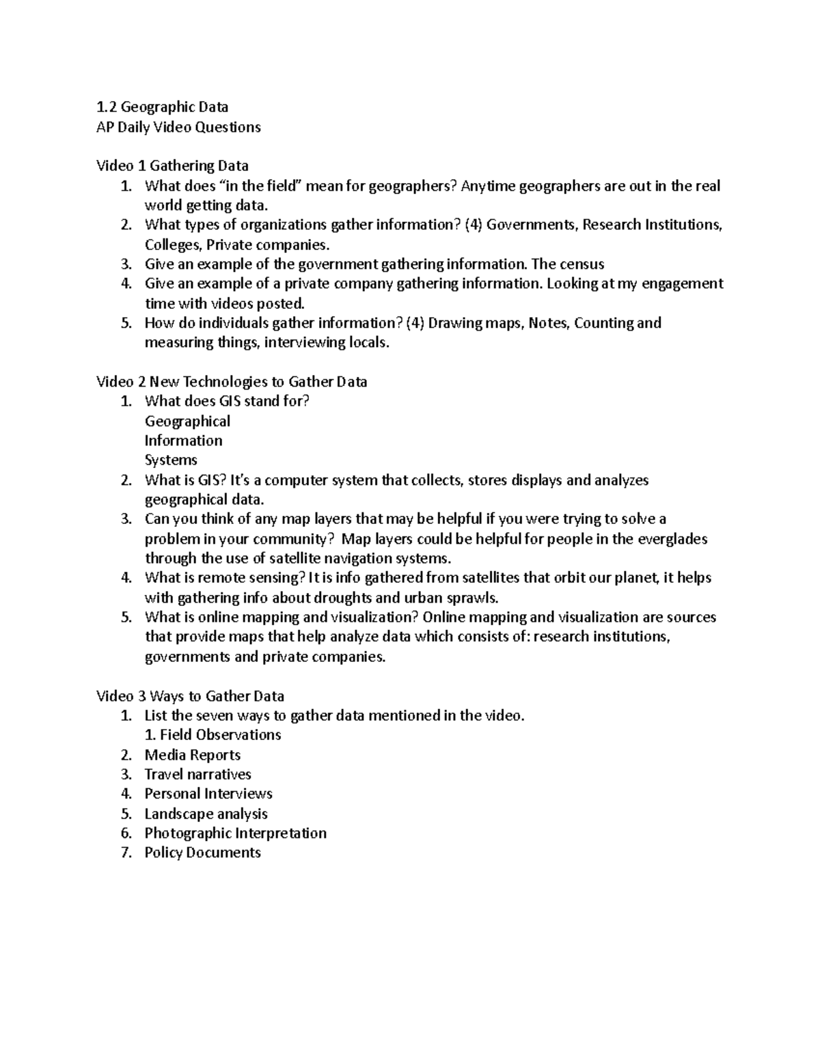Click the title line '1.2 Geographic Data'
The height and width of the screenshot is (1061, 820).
click(x=162, y=107)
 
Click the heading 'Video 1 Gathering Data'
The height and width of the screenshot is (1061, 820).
click(x=172, y=165)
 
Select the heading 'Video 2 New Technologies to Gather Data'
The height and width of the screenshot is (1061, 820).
click(x=232, y=381)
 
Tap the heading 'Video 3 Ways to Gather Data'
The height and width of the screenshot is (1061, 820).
click(x=190, y=695)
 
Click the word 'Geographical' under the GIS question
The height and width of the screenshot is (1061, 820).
click(x=187, y=421)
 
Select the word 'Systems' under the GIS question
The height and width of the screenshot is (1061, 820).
click(x=171, y=460)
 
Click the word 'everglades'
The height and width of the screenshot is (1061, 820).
click(x=672, y=538)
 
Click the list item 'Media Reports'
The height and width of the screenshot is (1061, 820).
click(x=192, y=755)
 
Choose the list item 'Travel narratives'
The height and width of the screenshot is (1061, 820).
click(x=197, y=774)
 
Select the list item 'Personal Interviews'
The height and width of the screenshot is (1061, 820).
click(x=208, y=793)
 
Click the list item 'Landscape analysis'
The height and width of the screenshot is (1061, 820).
click(x=206, y=814)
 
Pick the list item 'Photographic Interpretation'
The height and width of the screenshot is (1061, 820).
click(x=235, y=833)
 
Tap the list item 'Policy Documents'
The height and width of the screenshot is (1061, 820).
click(x=202, y=852)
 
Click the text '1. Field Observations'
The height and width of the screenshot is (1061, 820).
click(x=213, y=734)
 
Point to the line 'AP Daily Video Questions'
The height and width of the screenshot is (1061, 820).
click(x=178, y=127)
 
